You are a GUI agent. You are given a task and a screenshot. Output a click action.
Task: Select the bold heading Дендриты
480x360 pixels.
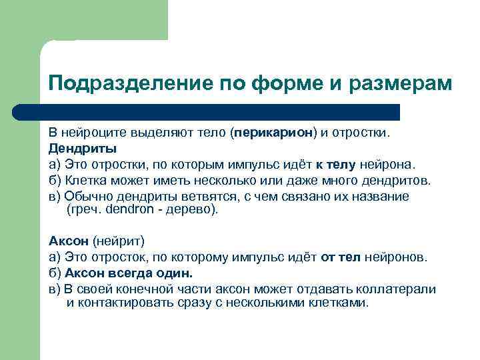pos(83,148)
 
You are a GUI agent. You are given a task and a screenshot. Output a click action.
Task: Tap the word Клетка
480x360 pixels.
pos(86,180)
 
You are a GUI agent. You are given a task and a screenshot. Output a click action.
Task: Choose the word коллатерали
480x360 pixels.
pos(400,289)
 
